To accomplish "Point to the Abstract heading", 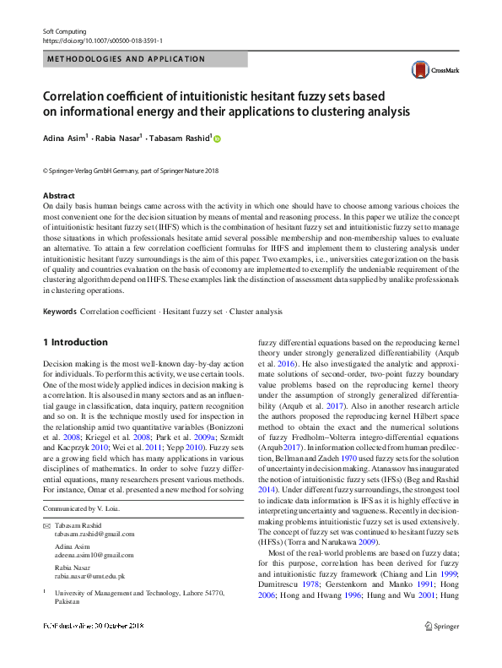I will tap(58, 196).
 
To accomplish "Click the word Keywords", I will tap(59, 312).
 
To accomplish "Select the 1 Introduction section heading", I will tap(75, 342).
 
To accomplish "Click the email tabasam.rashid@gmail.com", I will tap(94, 534).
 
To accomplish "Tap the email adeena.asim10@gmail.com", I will tap(94, 555).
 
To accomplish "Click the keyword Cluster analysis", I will tap(257, 312).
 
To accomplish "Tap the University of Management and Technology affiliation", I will tap(140, 594).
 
